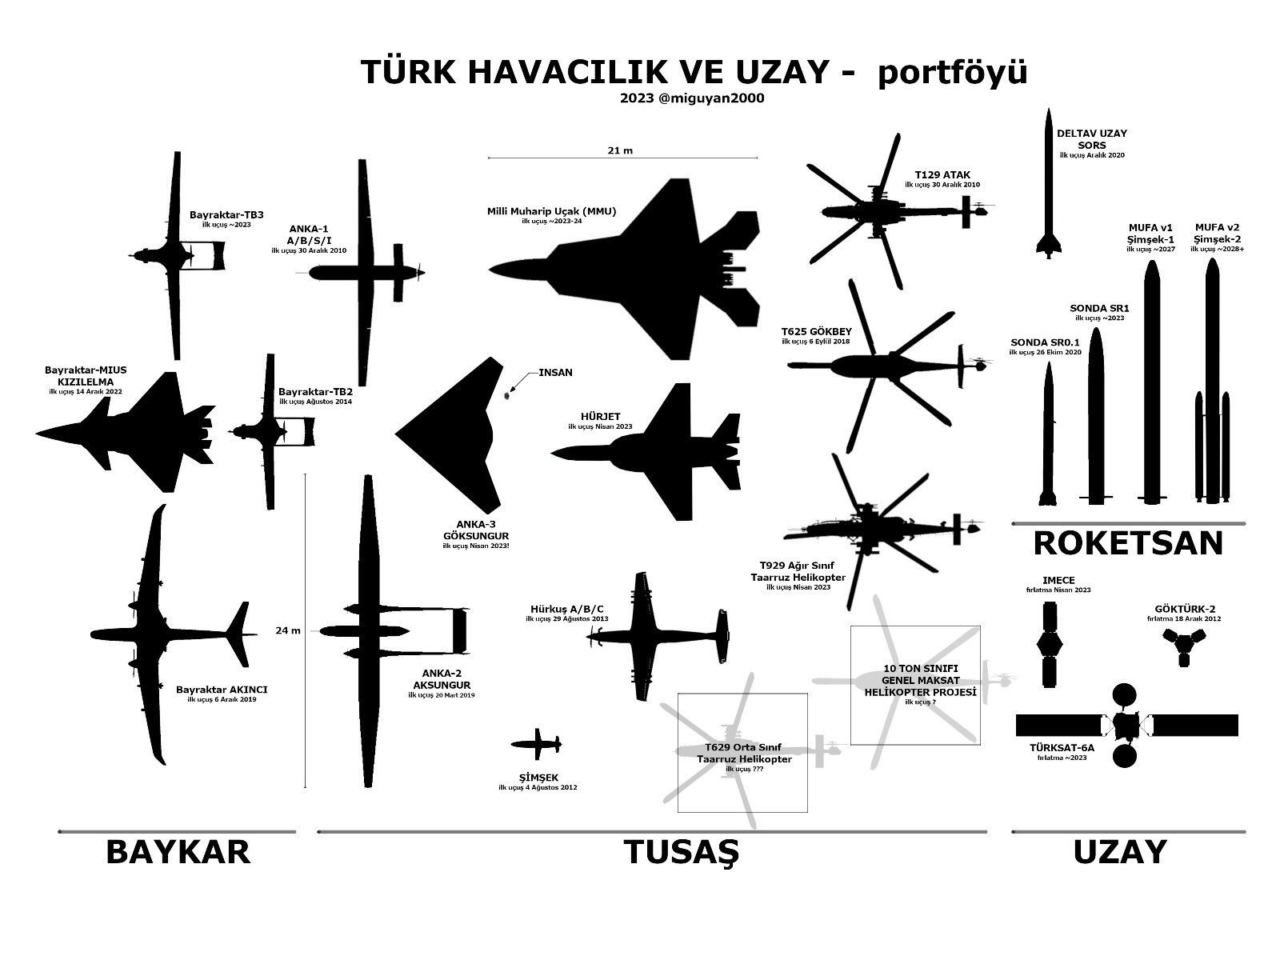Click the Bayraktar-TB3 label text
tap(226, 214)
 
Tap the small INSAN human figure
tap(507, 394)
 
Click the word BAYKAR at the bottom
tap(178, 853)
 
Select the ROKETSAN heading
tap(1128, 543)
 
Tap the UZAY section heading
tap(1119, 853)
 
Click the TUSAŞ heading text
tap(681, 853)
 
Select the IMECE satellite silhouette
tap(1049, 645)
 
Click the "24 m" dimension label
tap(288, 630)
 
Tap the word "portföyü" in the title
tap(951, 72)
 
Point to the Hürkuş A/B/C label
tap(566, 609)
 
